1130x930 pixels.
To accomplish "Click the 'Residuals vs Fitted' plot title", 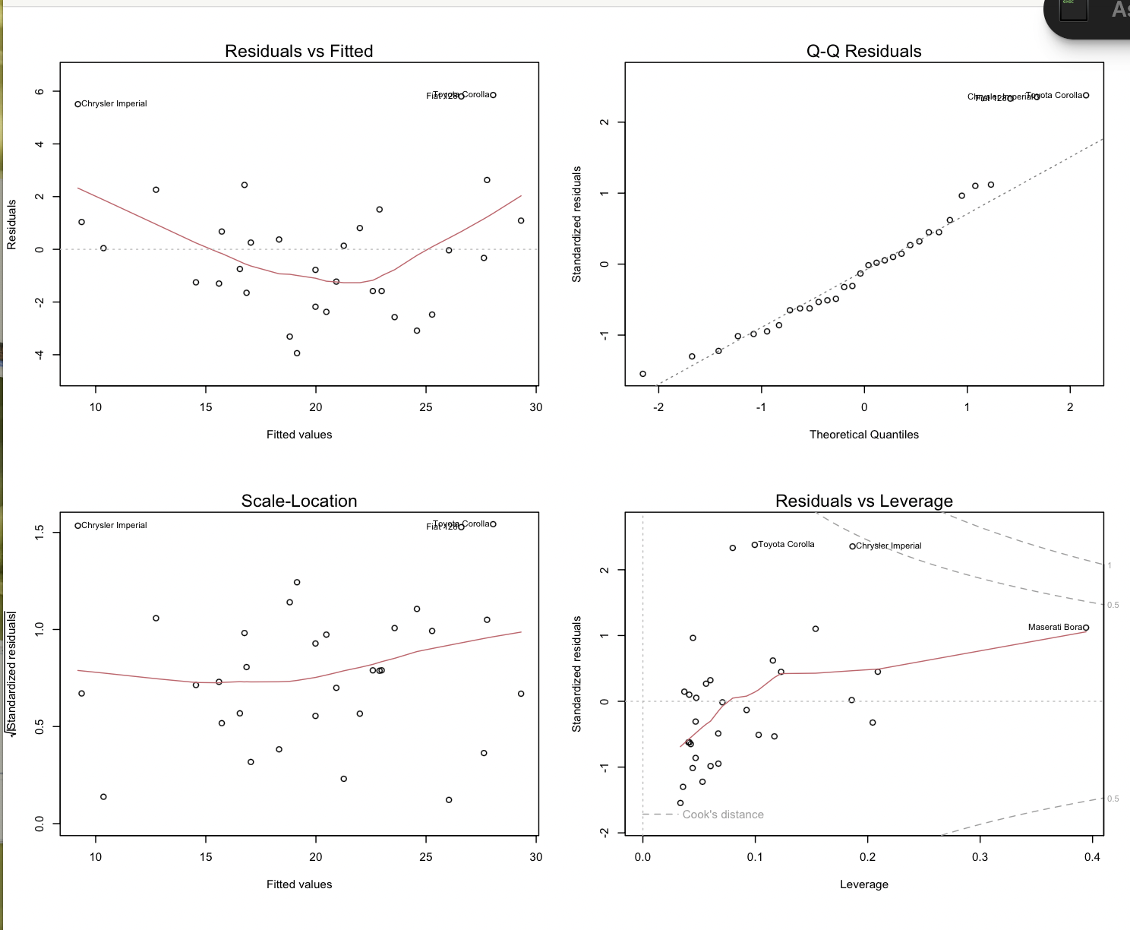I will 298,51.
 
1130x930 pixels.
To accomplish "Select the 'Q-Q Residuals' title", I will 863,51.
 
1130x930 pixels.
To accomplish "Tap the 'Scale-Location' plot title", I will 298,501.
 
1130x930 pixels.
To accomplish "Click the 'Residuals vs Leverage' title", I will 863,501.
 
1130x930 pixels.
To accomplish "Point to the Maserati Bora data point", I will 1086,628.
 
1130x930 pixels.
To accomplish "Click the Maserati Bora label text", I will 1055,627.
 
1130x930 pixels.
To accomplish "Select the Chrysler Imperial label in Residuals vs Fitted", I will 114,103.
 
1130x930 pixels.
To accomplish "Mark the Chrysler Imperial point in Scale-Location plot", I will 77,526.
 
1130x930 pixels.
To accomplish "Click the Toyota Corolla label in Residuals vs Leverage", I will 786,544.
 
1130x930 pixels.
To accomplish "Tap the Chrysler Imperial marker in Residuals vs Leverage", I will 852,546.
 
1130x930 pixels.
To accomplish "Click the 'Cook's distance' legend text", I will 722,815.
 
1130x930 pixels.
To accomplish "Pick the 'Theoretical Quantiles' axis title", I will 863,435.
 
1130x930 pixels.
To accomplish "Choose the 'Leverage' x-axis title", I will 863,884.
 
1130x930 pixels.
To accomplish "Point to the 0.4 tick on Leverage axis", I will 1092,857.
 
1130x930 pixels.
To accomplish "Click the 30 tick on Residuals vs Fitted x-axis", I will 536,407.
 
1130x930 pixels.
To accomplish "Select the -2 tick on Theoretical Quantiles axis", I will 658,407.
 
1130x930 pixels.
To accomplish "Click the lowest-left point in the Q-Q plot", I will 642,374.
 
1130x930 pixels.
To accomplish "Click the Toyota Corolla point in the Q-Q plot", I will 1086,95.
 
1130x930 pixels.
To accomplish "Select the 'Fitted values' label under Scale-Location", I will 298,884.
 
